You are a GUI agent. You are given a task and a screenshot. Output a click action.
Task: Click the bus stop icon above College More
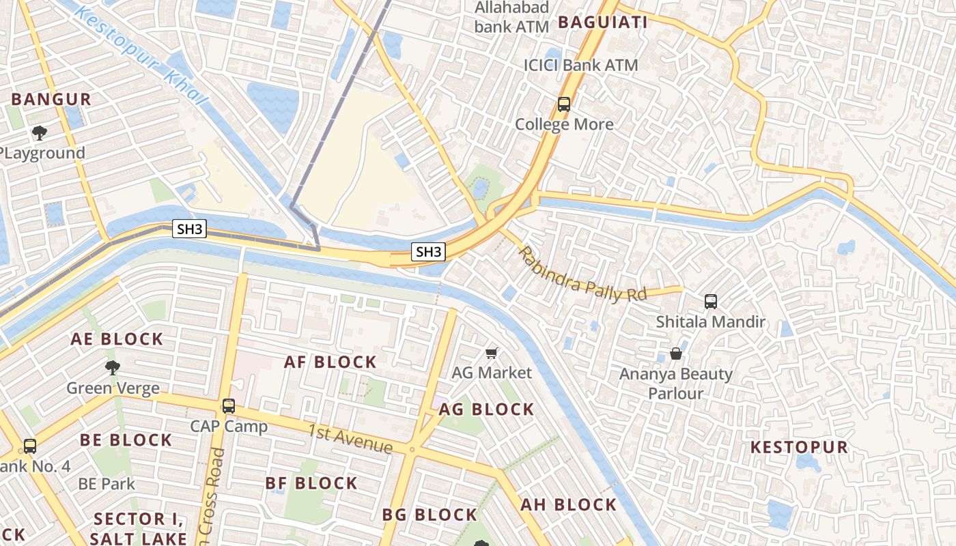[563, 104]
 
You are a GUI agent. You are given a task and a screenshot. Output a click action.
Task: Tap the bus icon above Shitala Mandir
[710, 301]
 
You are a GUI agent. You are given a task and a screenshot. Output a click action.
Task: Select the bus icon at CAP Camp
[229, 406]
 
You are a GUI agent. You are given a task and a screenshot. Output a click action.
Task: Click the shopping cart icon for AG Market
[491, 353]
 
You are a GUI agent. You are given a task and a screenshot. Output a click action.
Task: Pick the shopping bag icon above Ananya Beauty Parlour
[675, 354]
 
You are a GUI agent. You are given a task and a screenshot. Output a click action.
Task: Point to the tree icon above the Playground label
[40, 133]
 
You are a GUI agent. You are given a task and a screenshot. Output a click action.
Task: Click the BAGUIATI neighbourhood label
[602, 23]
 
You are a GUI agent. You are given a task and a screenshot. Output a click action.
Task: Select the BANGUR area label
[51, 99]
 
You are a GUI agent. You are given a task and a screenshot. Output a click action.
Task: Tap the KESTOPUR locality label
[799, 448]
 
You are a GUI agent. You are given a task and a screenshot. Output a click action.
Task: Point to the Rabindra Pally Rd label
[582, 274]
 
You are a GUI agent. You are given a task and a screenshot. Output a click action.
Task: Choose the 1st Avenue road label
[350, 438]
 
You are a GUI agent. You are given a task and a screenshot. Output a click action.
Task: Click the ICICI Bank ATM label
[580, 66]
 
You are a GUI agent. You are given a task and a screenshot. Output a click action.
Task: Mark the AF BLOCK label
[330, 362]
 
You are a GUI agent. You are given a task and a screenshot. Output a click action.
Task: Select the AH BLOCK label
[568, 505]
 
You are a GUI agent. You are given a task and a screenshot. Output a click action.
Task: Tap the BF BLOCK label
[311, 484]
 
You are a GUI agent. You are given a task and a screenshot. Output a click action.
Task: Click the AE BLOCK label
[117, 339]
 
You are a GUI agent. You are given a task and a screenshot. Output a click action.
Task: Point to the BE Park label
[107, 484]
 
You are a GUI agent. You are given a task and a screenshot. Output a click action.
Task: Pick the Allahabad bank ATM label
[512, 17]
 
